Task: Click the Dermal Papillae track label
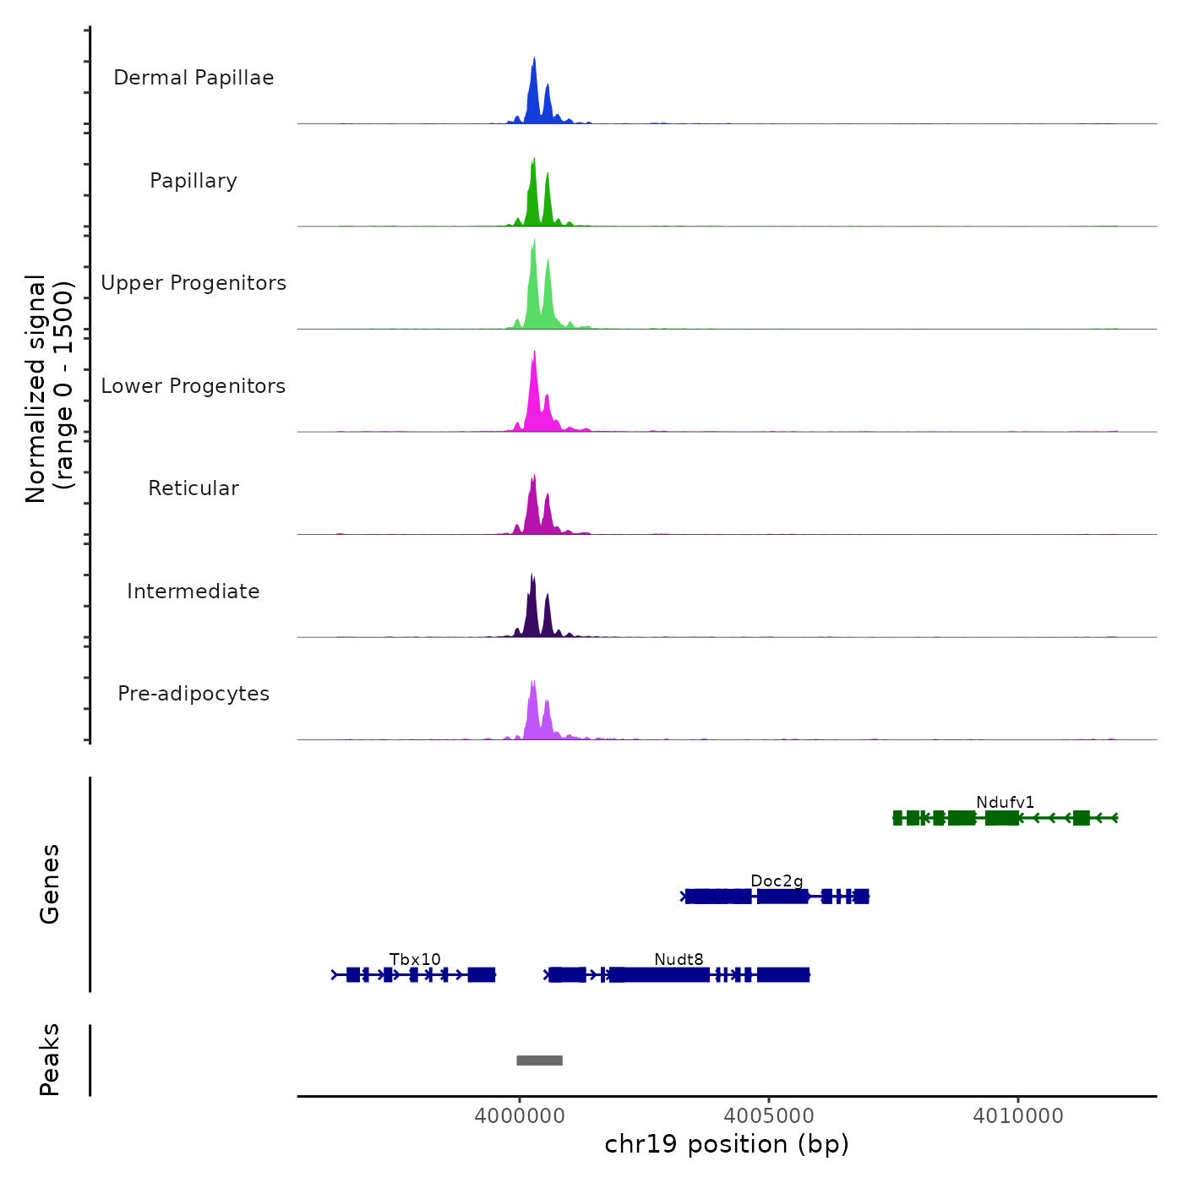[x=194, y=78]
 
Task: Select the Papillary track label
[x=194, y=181]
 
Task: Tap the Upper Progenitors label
[x=194, y=283]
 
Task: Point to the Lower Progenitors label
[x=194, y=386]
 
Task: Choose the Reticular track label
[x=194, y=488]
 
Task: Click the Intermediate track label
[x=194, y=591]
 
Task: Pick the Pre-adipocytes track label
[x=194, y=694]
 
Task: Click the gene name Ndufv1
[x=1005, y=802]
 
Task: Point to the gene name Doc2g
[x=777, y=880]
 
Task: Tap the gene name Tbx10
[x=415, y=959]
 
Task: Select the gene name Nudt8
[x=679, y=959]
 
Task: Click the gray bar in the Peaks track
[x=539, y=1060]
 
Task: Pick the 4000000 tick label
[x=519, y=1115]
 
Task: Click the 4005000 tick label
[x=769, y=1115]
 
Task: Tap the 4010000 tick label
[x=1018, y=1115]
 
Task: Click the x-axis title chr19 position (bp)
[x=727, y=1144]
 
